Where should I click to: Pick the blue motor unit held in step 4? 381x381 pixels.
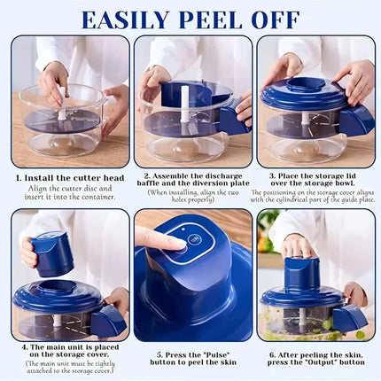[x=52, y=253]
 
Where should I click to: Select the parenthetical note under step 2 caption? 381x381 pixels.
[x=191, y=197]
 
